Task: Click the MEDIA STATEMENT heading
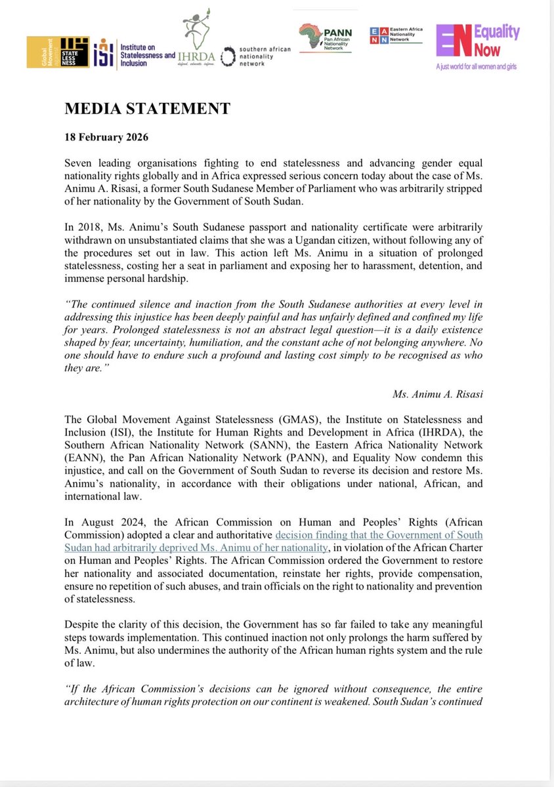click(147, 109)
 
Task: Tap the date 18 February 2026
click(106, 138)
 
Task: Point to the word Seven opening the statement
click(81, 162)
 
